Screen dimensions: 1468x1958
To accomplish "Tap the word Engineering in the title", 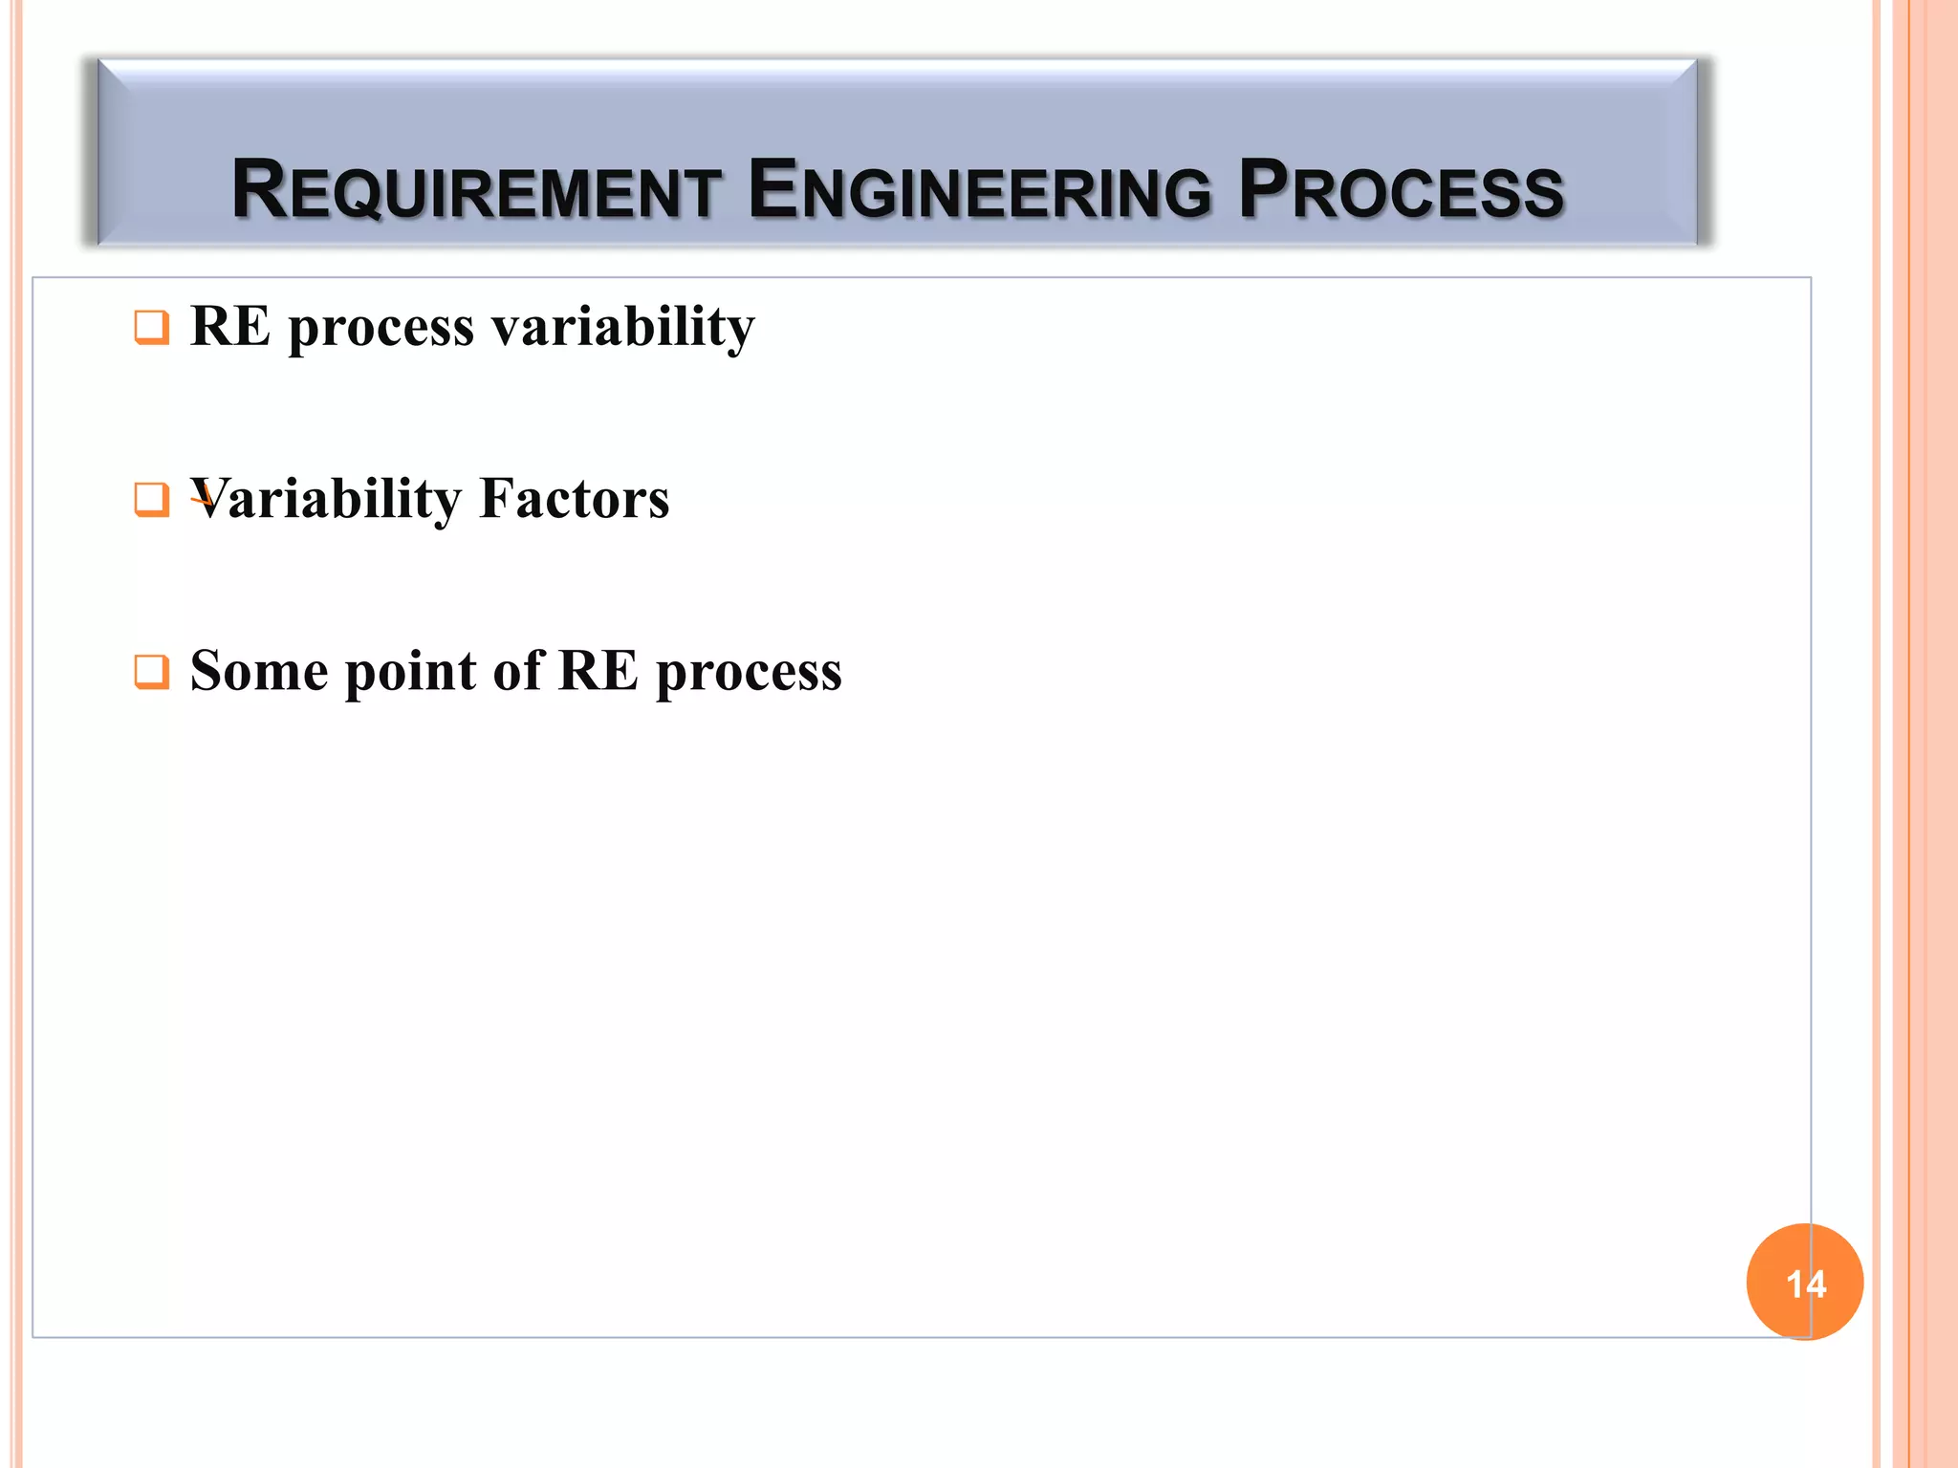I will pyautogui.click(x=980, y=190).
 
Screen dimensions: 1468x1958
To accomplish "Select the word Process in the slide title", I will pyautogui.click(x=1401, y=190).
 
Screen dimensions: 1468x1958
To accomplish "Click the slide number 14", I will pyautogui.click(x=1805, y=1284).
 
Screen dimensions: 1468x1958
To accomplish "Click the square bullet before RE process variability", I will pyautogui.click(x=151, y=327).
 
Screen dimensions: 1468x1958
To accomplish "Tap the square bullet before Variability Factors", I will pyautogui.click(x=151, y=499).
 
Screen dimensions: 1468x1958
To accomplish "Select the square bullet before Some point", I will pyautogui.click(x=151, y=671).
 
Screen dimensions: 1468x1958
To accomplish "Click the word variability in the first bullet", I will pyautogui.click(x=622, y=327).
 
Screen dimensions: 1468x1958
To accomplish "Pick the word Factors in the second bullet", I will pyautogui.click(x=574, y=499).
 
